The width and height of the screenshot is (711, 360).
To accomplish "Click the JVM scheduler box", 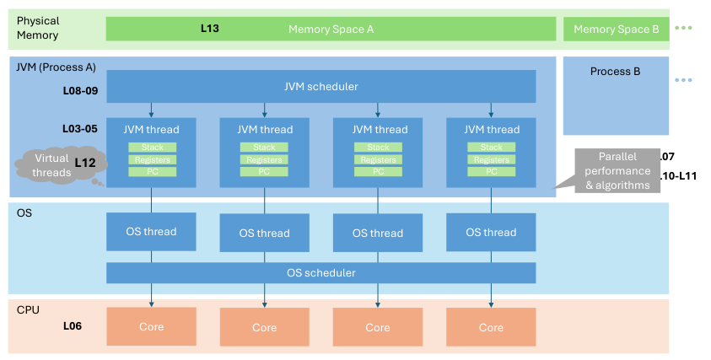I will point(320,86).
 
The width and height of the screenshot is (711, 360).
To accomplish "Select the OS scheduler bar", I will point(320,272).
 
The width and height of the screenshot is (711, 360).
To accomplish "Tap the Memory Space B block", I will point(616,29).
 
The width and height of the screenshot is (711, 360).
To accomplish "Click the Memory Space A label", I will point(331,29).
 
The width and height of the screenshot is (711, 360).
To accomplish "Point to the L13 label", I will point(210,28).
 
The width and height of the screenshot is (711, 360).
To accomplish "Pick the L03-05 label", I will point(81,129).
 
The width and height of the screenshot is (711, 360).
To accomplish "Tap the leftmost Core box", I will point(151,326).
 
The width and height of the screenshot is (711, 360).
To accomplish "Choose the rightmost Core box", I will point(491,326).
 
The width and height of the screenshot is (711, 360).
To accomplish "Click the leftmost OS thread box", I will point(151,232).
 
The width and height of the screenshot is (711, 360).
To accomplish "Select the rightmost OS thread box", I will point(491,232).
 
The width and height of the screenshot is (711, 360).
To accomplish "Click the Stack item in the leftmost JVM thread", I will point(153,148).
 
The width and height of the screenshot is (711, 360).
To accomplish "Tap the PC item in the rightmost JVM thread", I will point(491,171).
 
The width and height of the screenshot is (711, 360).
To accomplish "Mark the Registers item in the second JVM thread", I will point(265,159).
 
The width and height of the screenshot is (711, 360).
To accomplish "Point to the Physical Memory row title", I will point(38,28).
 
